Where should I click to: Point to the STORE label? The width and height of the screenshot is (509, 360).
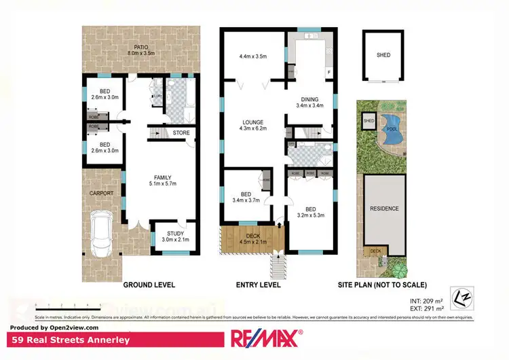181,132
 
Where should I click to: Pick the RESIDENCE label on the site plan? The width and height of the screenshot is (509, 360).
384,209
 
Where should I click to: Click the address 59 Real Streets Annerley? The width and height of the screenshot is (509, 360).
54,339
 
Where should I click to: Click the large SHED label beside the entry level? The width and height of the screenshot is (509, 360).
383,56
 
